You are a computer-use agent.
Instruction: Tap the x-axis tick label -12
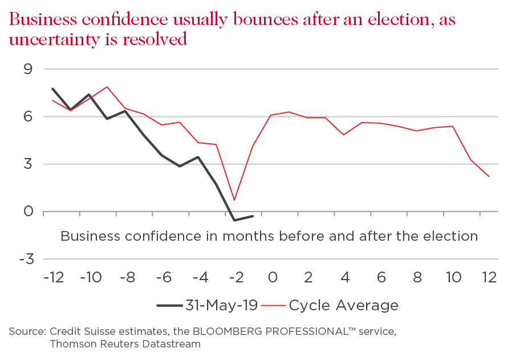coord(52,278)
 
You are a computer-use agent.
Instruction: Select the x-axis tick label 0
coord(272,278)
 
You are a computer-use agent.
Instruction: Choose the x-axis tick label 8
coord(417,278)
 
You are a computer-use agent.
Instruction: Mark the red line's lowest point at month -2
coord(234,200)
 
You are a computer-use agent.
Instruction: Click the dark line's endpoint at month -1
coord(253,216)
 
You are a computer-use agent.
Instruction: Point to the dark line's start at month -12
coord(52,88)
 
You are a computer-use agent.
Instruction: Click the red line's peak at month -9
coord(107,87)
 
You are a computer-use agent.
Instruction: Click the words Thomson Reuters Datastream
coord(125,344)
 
